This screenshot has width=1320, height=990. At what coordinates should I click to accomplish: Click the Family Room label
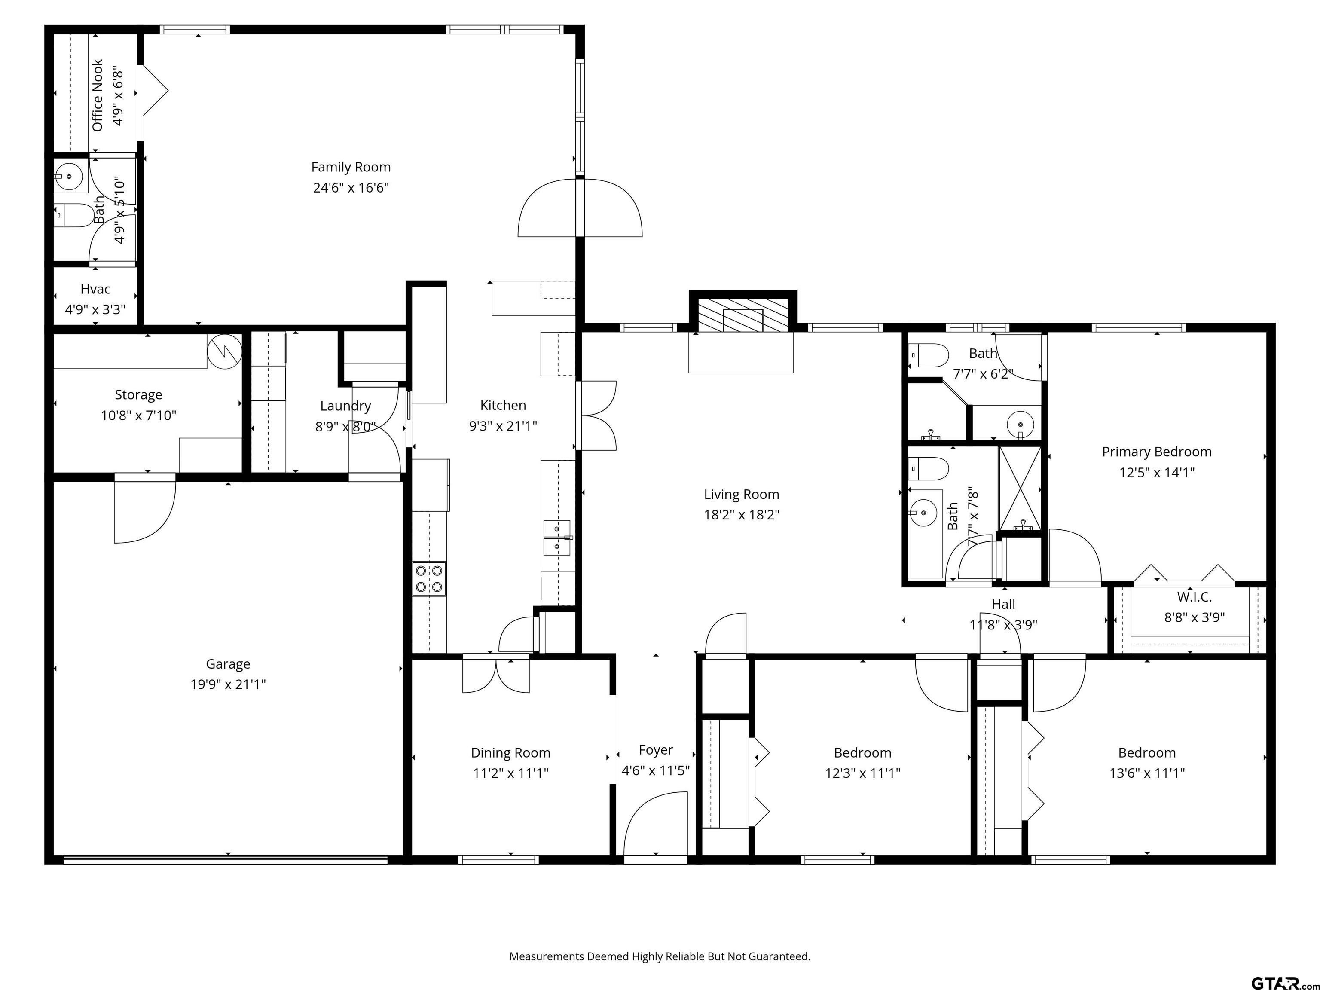351,167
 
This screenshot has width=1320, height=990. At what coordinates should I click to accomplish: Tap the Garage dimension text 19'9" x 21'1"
228,684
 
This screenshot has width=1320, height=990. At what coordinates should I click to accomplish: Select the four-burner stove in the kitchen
430,579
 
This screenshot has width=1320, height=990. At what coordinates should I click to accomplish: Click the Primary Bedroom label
1156,452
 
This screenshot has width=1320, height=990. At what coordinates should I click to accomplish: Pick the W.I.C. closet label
1195,597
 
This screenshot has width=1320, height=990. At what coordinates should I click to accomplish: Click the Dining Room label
511,753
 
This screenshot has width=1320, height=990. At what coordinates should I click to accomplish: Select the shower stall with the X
1020,488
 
